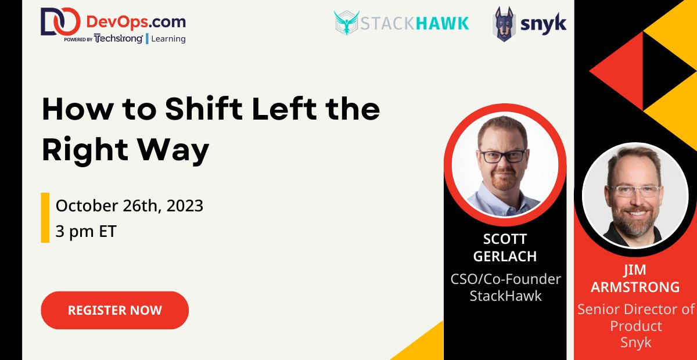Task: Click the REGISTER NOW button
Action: [114, 310]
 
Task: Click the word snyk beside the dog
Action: [543, 23]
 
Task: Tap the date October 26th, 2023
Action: [130, 206]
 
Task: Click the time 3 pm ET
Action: [86, 232]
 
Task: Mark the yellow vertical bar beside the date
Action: [45, 218]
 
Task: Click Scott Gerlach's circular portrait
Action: [505, 164]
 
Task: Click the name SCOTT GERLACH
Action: [505, 248]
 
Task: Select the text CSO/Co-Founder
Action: [505, 279]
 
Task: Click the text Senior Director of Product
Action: [635, 317]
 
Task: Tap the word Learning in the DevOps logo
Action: [168, 39]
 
